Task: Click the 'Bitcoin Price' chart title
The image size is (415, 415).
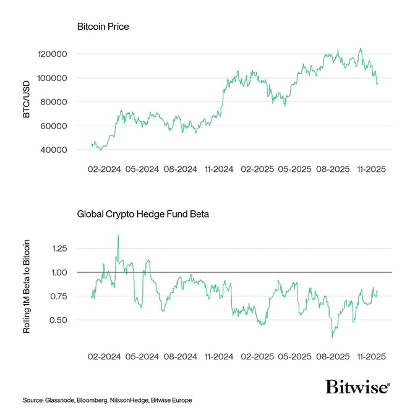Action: (x=103, y=27)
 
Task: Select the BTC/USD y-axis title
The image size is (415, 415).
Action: (x=26, y=102)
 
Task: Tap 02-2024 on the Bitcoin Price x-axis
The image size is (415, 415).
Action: (x=103, y=169)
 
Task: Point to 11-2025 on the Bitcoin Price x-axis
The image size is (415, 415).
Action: (x=372, y=169)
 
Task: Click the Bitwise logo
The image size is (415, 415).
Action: (x=358, y=387)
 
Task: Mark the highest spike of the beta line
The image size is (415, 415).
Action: (x=118, y=236)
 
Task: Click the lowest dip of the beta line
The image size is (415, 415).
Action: (x=332, y=337)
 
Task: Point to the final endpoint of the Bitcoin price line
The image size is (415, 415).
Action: (x=377, y=83)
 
